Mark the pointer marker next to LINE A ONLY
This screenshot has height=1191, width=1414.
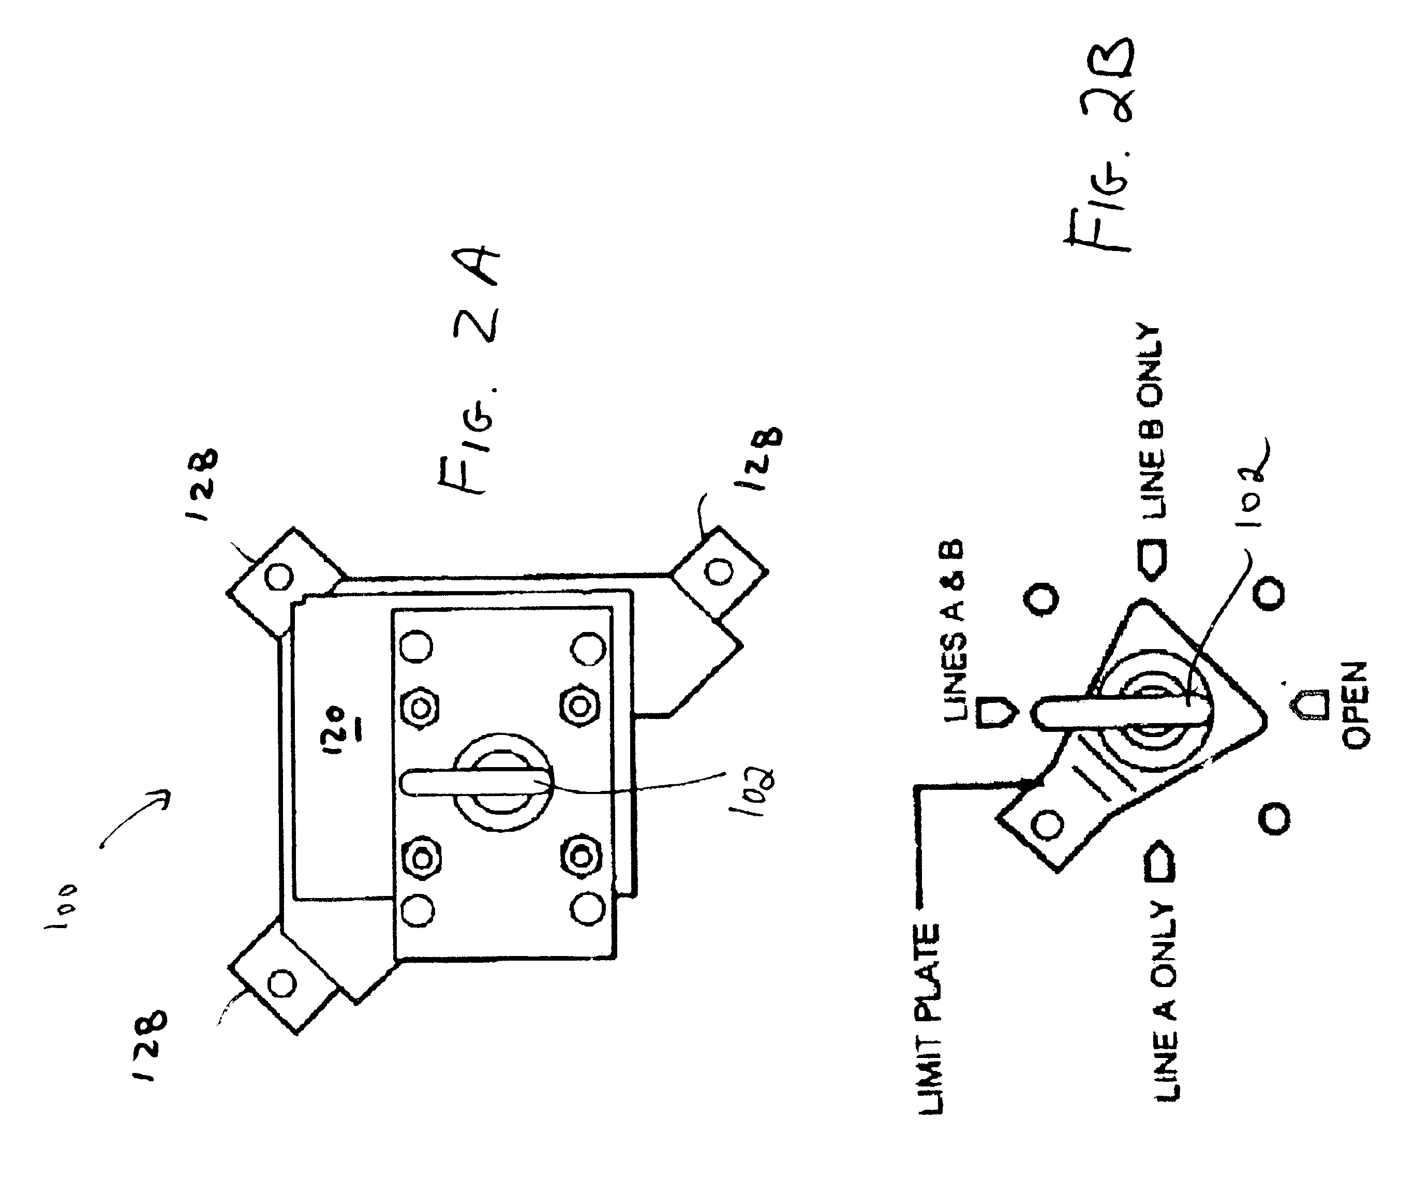point(1160,861)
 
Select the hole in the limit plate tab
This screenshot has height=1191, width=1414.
point(1048,825)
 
